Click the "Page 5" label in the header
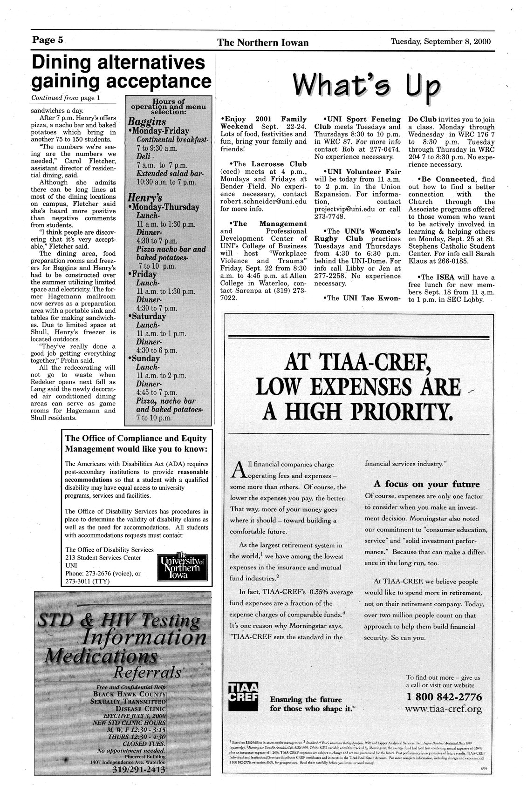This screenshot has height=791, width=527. (x=47, y=40)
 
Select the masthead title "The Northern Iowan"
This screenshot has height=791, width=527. (x=263, y=43)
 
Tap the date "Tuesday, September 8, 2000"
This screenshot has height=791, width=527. (x=440, y=41)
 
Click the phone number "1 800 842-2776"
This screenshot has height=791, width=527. (x=442, y=696)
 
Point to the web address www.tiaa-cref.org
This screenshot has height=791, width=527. (x=443, y=709)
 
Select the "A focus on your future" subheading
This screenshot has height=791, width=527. (x=426, y=484)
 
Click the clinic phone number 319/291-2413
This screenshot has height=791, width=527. (x=139, y=771)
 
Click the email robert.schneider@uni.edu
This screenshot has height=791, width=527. (x=263, y=202)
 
